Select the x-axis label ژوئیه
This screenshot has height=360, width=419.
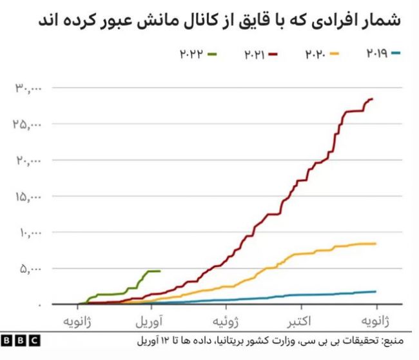point(229,320)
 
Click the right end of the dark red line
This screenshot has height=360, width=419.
point(373,99)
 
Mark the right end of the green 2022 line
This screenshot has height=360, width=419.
point(159,271)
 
